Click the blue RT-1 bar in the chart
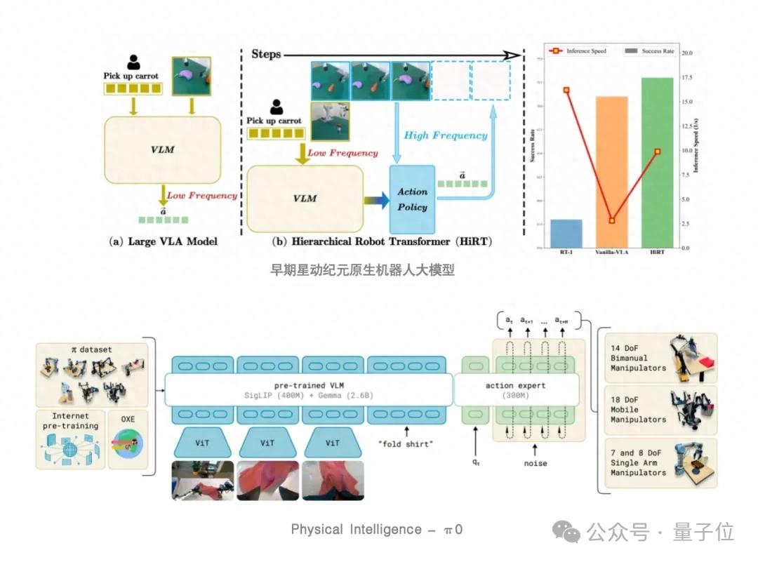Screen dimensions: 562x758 pos(566,233)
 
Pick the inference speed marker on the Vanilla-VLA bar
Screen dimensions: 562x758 pos(611,220)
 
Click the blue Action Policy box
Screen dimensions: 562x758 pos(413,199)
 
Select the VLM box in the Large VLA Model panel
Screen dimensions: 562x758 pos(163,149)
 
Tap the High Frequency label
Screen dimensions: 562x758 pos(445,135)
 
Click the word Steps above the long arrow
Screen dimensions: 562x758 pos(266,54)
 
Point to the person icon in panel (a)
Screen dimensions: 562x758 pos(133,63)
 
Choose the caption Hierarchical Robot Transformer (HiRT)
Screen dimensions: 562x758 pos(382,241)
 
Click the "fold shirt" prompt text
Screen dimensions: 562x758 pos(406,444)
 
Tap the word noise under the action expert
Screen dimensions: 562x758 pos(536,463)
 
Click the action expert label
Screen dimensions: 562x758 pos(515,385)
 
